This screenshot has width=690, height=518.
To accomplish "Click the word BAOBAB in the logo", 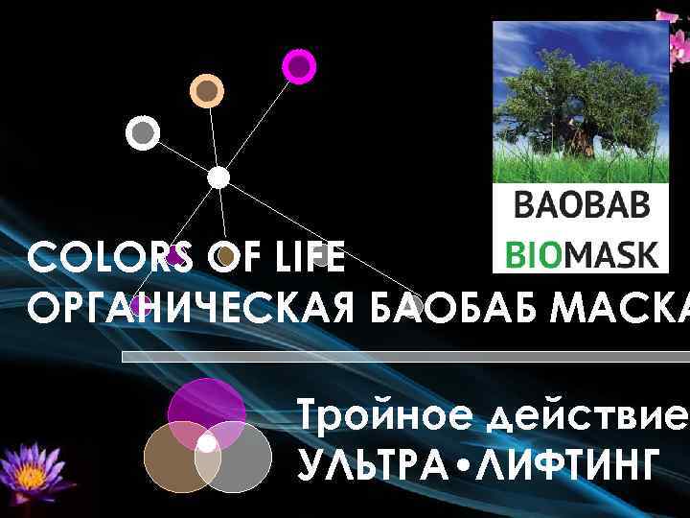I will click(x=582, y=206).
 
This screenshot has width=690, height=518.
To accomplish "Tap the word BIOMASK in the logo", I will click(x=582, y=253).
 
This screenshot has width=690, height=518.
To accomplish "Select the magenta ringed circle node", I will click(x=299, y=66).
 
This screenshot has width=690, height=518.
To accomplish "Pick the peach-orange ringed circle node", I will click(x=206, y=90).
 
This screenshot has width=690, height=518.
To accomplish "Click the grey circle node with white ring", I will click(x=143, y=132).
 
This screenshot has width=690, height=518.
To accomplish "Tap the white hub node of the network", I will click(x=218, y=177).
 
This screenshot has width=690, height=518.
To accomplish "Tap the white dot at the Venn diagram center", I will click(x=206, y=444).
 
